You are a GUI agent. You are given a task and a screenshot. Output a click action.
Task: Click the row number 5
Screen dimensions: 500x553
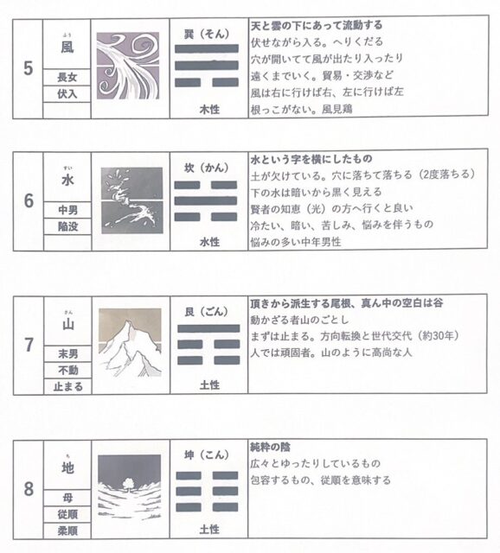tap(29, 68)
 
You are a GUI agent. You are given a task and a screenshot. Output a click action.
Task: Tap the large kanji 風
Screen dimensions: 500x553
tap(67, 47)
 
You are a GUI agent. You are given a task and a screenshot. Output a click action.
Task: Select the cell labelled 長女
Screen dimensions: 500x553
tap(67, 77)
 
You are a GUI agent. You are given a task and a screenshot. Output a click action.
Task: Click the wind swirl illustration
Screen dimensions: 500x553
tap(128, 66)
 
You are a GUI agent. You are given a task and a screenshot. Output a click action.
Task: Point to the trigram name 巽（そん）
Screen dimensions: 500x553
tap(207, 35)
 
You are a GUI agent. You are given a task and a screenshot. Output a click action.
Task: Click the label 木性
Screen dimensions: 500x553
tap(209, 110)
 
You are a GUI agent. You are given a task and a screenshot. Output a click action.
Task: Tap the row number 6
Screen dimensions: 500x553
tap(29, 201)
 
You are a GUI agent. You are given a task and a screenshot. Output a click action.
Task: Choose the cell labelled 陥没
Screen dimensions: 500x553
tap(67, 226)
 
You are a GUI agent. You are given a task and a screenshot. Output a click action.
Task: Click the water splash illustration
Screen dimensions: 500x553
tap(132, 200)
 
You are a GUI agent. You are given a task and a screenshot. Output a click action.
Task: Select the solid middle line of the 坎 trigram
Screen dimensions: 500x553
tap(206, 200)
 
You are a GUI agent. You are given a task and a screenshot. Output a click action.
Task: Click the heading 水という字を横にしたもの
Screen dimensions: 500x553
tap(311, 159)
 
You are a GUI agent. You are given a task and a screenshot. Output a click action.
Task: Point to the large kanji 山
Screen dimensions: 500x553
tap(67, 324)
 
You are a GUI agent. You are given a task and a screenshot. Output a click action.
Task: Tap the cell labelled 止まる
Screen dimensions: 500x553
tap(67, 386)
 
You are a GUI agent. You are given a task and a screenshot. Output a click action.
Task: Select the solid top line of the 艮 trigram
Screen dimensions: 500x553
tap(208, 328)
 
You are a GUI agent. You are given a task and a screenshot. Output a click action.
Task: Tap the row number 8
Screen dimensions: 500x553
tap(29, 489)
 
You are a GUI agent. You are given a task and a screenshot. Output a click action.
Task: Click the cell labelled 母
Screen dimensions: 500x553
tap(67, 498)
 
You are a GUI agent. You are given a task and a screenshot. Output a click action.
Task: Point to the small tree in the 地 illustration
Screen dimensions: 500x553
tap(126, 484)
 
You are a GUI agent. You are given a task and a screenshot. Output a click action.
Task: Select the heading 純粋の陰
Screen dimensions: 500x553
tap(271, 448)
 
